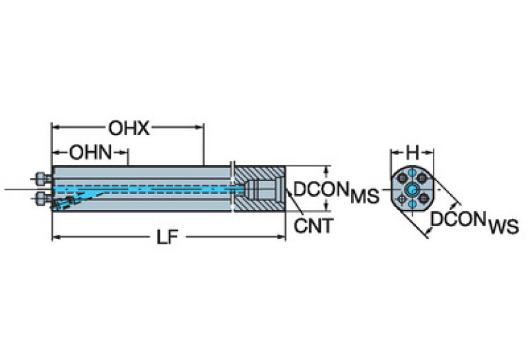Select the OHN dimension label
89,152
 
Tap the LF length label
168,237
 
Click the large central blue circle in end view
412,190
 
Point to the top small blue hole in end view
412,173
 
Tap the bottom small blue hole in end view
412,205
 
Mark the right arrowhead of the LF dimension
282,237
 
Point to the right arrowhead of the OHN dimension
125,152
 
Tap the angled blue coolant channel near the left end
76,200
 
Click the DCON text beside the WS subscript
458,220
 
